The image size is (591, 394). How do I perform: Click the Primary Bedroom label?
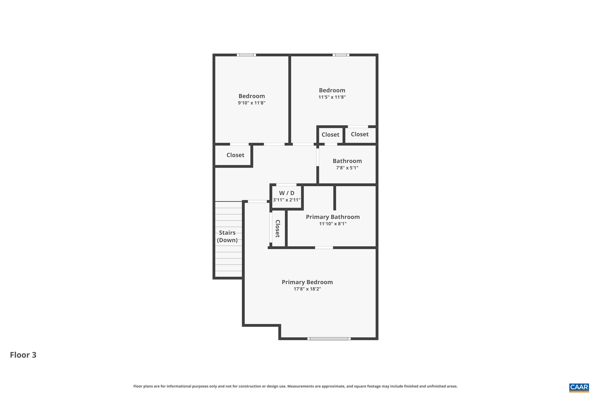[307, 282]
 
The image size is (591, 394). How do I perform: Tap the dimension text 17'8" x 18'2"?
[307, 289]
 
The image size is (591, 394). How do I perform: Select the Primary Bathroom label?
[333, 217]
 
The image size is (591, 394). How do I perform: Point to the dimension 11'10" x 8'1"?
[333, 224]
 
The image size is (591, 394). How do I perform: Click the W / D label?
[286, 193]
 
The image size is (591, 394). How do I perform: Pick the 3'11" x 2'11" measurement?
[286, 200]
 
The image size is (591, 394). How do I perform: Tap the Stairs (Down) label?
[227, 236]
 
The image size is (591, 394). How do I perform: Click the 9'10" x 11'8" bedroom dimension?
[252, 103]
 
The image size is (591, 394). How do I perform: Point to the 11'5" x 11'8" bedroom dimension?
[332, 97]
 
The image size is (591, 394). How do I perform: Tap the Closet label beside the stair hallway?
[235, 155]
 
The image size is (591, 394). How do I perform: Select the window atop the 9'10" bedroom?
[246, 55]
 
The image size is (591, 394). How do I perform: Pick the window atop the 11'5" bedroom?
[341, 55]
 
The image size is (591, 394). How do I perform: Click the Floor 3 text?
[23, 355]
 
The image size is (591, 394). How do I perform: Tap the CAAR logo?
[579, 387]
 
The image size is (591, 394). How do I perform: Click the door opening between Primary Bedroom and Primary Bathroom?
[324, 247]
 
